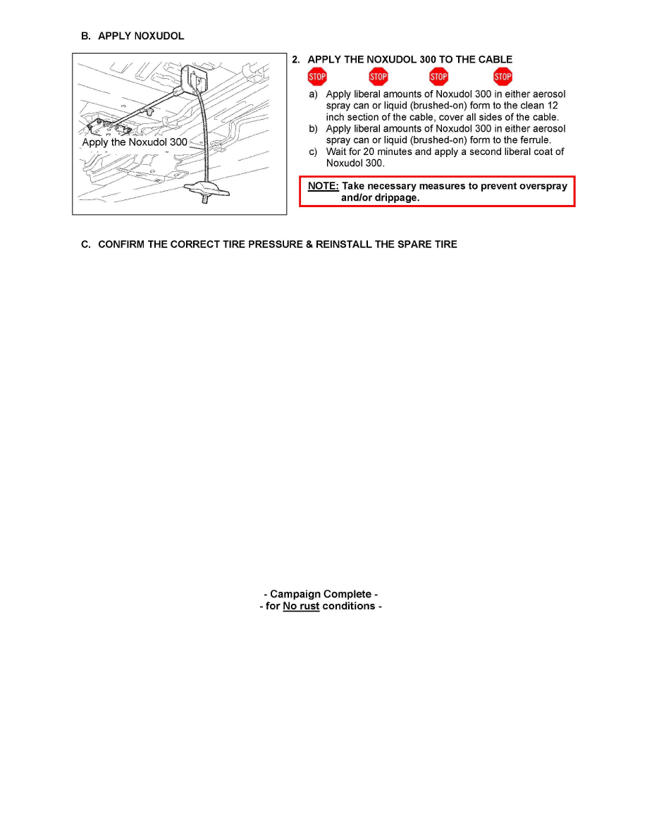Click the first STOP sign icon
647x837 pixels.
[x=317, y=77]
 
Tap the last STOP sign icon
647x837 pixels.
[x=503, y=77]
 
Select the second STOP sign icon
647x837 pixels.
[x=378, y=77]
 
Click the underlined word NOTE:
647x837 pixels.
[x=323, y=187]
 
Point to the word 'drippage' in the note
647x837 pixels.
[x=393, y=198]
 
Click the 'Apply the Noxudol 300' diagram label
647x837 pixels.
[x=135, y=142]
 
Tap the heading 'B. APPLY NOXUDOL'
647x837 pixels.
[x=133, y=36]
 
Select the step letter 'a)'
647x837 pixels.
[x=312, y=94]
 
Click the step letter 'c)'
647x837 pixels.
[x=312, y=151]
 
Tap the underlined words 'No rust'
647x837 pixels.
[x=301, y=606]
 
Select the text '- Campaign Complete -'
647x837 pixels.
[x=321, y=594]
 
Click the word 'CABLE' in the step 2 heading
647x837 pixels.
[x=494, y=60]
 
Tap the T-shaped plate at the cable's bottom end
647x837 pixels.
[x=204, y=189]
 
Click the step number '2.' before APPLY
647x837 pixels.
[x=297, y=60]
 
